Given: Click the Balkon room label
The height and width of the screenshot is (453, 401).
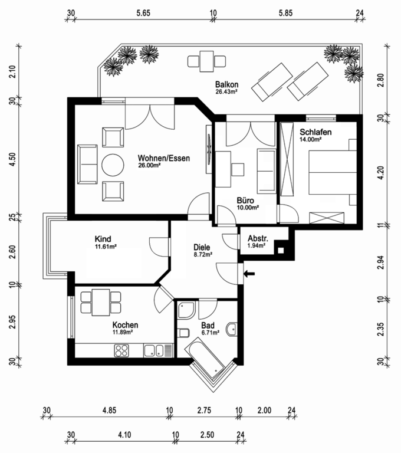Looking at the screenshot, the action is click(x=227, y=84).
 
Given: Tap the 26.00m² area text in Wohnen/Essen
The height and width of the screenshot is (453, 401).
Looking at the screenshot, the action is click(x=150, y=166).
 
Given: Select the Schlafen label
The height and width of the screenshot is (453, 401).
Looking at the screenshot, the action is click(x=315, y=132).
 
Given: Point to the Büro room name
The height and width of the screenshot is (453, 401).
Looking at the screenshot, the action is click(x=245, y=200).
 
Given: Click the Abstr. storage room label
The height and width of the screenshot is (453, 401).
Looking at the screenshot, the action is click(x=258, y=239).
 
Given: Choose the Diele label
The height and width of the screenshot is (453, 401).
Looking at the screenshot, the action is click(x=202, y=247).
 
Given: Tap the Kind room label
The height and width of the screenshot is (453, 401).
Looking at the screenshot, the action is click(x=103, y=239).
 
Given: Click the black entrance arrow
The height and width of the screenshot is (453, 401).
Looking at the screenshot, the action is click(x=249, y=273).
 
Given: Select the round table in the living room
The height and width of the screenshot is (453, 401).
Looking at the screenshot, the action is click(x=113, y=165).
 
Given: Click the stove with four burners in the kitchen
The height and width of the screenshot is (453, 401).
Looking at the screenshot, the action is click(x=121, y=350).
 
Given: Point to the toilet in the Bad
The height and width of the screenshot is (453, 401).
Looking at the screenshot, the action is click(x=183, y=333).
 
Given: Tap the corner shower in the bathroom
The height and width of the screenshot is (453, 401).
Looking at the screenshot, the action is click(x=186, y=310).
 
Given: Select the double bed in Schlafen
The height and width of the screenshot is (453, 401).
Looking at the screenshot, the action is click(x=333, y=172).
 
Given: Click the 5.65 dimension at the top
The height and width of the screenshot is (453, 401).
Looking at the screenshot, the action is click(x=143, y=13).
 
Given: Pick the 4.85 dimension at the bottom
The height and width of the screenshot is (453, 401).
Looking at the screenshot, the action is click(x=109, y=411).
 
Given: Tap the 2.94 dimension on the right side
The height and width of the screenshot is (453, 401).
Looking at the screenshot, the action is click(x=381, y=262).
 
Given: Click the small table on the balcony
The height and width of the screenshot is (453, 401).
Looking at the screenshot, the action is click(x=206, y=61).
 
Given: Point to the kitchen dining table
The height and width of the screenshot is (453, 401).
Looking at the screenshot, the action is click(x=101, y=302).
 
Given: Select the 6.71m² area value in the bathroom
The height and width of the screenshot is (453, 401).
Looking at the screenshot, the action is click(x=211, y=333).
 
